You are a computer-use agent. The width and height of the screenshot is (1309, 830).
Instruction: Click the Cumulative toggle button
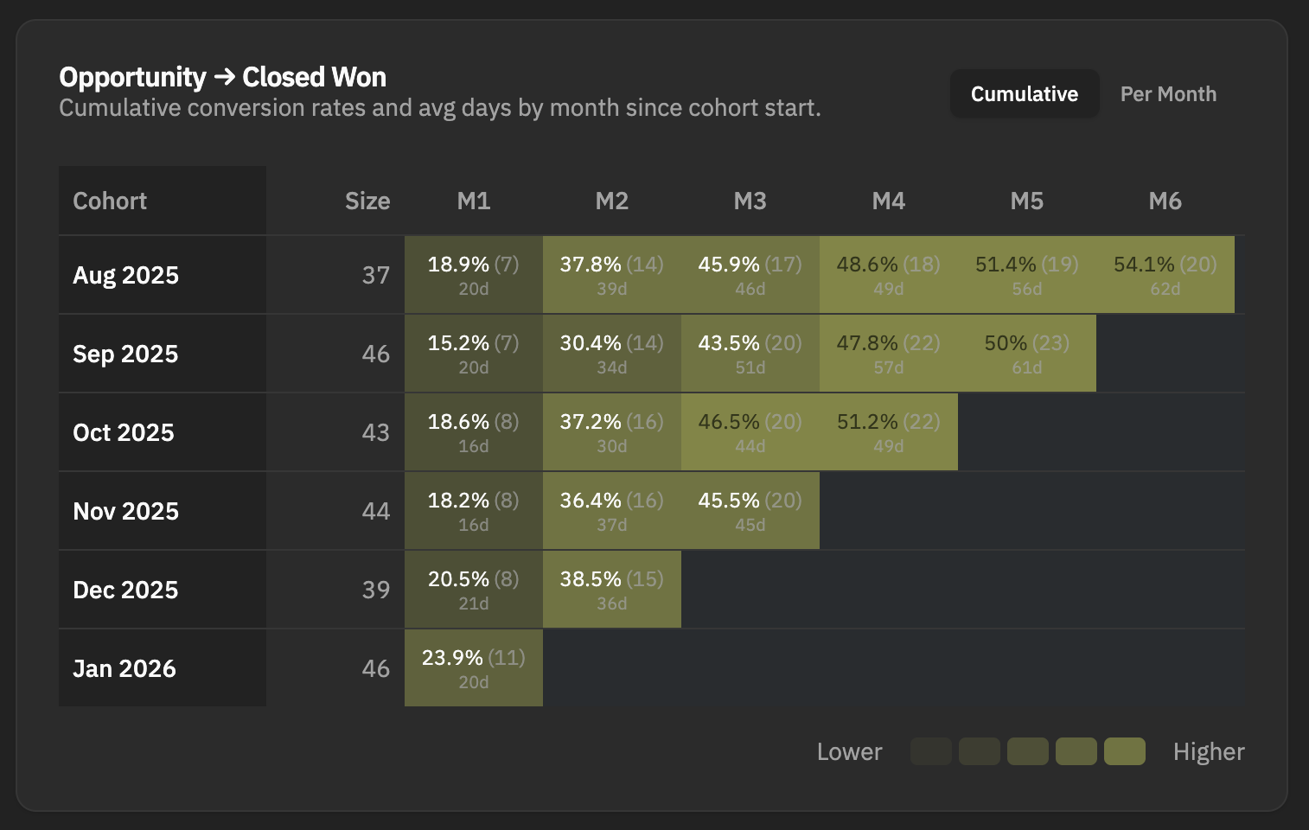1025,94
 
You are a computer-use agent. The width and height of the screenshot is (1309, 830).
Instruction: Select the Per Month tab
1168,94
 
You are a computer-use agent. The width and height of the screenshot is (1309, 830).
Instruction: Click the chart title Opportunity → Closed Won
222,77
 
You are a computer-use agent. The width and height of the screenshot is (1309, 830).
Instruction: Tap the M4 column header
888,201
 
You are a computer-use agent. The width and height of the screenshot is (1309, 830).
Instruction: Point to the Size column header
367,201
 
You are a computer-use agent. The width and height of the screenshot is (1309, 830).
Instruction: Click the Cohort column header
110,201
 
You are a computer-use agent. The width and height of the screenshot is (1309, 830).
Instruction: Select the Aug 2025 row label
126,275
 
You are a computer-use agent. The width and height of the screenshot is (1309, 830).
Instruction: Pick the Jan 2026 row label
125,668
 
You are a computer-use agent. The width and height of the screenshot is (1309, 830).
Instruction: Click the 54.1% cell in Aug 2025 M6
1165,275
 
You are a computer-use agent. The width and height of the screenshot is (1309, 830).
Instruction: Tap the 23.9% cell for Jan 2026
473,668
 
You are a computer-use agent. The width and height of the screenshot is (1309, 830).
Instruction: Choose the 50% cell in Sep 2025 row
1026,354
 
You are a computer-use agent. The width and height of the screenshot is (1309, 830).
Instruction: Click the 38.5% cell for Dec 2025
611,590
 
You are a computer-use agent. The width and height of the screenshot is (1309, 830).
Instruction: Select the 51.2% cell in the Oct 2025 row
888,432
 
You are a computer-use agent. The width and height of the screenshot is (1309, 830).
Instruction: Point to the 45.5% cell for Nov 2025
750,511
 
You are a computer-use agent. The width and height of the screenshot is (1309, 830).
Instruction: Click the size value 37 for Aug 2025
375,275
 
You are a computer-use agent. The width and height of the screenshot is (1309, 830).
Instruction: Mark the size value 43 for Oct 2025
375,432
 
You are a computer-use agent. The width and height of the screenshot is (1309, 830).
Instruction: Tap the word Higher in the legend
1208,752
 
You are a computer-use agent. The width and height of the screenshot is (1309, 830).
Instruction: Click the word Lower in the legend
849,752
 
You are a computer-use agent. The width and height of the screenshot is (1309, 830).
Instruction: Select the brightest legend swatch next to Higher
1124,752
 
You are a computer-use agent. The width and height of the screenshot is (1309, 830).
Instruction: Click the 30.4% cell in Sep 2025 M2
611,354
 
